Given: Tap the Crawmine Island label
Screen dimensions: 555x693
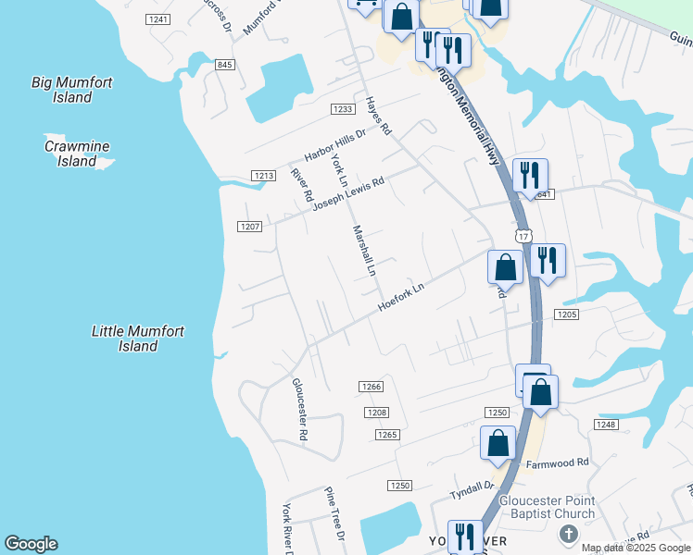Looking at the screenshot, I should click(x=70, y=154).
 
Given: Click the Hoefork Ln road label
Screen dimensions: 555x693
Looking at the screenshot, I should click(x=401, y=296).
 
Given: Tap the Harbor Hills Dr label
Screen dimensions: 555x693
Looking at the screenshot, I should click(x=336, y=145).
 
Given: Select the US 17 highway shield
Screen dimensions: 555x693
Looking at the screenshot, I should click(x=523, y=237).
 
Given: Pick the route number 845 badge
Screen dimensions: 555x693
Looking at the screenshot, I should click(x=224, y=65).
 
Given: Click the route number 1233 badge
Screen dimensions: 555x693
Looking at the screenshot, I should click(x=342, y=109).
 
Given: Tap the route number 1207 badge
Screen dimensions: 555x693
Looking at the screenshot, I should click(x=250, y=227).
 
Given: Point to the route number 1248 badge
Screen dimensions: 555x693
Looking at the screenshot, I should click(x=605, y=425).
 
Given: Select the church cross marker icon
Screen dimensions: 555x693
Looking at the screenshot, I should click(x=569, y=534).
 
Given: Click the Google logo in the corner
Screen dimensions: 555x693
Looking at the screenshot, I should click(x=31, y=544).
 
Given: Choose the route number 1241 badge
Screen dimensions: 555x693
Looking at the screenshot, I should click(x=158, y=19).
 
